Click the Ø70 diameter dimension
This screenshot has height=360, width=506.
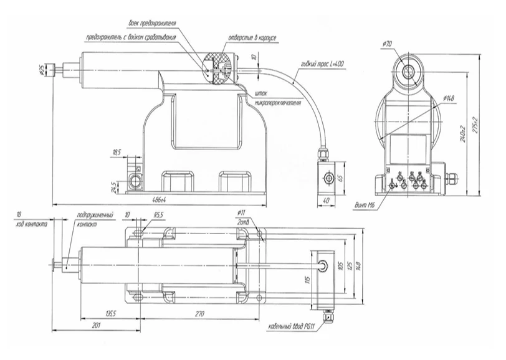click(387, 44)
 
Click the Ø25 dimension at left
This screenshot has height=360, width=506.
click(41, 69)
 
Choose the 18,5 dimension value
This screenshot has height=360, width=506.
click(117, 152)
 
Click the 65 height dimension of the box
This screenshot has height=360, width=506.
click(341, 177)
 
